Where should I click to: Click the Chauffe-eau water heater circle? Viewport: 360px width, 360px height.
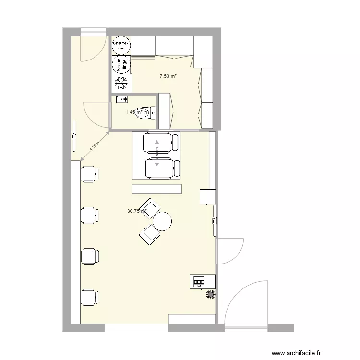point(120,46)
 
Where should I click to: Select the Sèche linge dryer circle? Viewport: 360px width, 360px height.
point(120,64)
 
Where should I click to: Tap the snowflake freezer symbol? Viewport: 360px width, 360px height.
point(121,83)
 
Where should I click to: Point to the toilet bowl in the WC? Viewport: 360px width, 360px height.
point(151,113)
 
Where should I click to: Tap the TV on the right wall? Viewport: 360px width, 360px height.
point(215,220)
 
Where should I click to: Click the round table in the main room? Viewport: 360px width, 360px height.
point(162,221)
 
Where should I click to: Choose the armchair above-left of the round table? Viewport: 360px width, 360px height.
point(150,208)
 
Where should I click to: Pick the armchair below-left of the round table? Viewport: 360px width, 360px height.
point(149,233)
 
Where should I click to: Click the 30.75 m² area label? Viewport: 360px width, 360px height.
point(136,211)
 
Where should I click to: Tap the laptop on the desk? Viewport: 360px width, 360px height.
point(198,281)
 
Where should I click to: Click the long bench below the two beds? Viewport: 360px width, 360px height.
point(157,189)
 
